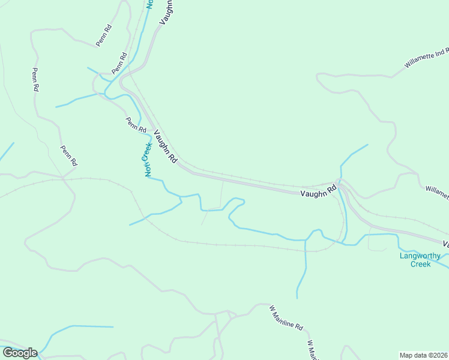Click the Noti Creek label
(146, 159)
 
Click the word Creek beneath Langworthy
(421, 264)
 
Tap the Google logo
(20, 353)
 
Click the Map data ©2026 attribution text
(424, 355)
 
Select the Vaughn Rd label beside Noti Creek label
(166, 147)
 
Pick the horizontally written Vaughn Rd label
(318, 192)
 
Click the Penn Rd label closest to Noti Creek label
(136, 125)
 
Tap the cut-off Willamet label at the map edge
(438, 191)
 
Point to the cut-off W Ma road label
(312, 350)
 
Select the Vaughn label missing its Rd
(167, 11)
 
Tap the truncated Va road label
(446, 244)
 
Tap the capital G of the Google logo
(8, 353)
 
